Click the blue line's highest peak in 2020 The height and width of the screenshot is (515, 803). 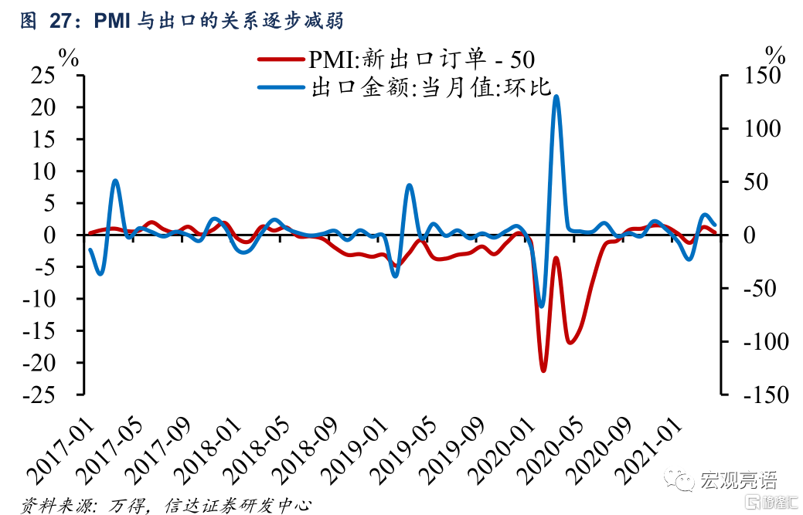(556, 97)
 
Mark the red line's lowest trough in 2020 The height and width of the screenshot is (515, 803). (543, 370)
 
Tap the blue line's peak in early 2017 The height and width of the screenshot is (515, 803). (115, 181)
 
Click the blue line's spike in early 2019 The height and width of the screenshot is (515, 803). (410, 185)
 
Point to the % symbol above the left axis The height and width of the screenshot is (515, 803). (70, 56)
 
